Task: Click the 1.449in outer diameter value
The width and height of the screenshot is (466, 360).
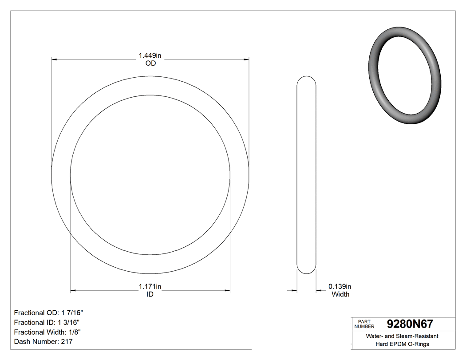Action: point(150,55)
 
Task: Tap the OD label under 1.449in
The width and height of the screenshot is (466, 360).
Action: point(150,63)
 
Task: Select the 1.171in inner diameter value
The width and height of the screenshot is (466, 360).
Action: point(150,287)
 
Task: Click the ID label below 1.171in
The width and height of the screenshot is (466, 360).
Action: point(150,294)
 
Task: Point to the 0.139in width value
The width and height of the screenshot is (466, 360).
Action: point(340,286)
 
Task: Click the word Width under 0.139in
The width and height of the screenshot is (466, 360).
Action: point(340,294)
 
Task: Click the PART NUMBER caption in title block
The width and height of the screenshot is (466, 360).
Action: point(364,324)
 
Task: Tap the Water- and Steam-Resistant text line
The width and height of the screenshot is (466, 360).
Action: point(402,336)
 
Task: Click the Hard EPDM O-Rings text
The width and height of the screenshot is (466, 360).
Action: point(402,344)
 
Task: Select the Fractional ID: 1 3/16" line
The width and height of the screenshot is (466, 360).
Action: point(47,322)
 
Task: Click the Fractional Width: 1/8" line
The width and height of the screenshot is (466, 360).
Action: point(47,332)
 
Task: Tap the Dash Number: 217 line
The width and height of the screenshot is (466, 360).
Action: point(43,342)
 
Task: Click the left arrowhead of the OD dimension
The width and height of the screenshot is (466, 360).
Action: point(54,59)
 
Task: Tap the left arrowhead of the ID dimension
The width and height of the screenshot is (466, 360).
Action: point(73,291)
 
